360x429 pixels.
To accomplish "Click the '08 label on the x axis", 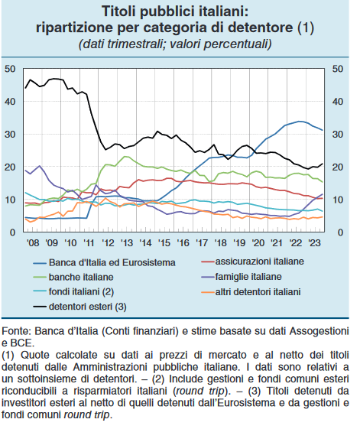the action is pos(33,242).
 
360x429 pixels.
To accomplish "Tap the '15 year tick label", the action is pos(164,242).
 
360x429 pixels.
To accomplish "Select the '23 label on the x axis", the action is pos(315,242).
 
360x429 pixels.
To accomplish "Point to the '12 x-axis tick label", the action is pos(108,242).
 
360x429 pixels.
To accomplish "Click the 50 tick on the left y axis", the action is pos(10,69).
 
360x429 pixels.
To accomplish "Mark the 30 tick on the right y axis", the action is pos(338,135).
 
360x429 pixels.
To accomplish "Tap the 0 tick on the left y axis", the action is pos(12,232).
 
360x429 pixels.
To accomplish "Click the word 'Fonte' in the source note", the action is pos(16,331).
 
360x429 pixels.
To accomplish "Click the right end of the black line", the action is pos(323,164).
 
